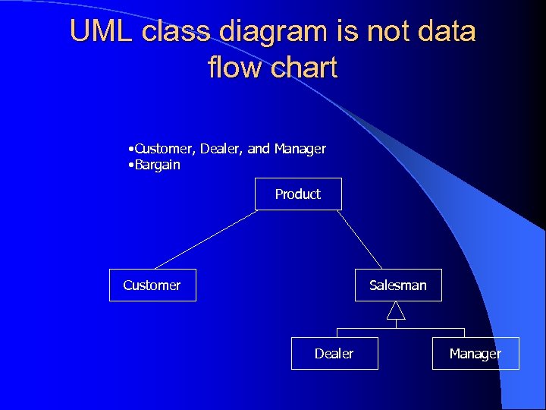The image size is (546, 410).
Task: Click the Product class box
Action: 297,194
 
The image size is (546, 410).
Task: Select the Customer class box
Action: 152,285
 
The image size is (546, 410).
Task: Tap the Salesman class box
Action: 398,285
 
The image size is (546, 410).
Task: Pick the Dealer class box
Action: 334,354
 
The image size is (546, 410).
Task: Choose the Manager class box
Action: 475,354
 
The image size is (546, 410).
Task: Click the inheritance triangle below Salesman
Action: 396,311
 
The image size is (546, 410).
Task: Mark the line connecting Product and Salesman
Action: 359,239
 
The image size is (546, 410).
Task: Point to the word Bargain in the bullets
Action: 158,165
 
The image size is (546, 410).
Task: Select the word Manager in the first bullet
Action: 300,149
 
